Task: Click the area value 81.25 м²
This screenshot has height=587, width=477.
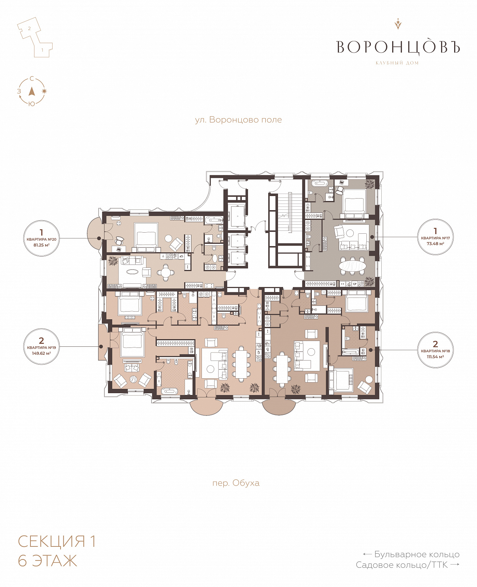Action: (41, 245)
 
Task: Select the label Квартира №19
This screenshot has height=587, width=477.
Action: (41, 347)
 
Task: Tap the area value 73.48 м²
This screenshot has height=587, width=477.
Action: (435, 243)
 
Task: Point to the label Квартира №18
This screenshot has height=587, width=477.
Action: (435, 351)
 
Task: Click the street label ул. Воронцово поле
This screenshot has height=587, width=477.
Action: (238, 120)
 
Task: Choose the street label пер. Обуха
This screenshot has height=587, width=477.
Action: (236, 483)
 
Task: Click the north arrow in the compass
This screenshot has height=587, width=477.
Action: (32, 91)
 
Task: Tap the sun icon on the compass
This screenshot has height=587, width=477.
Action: (44, 91)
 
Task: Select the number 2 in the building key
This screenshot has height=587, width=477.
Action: (29, 28)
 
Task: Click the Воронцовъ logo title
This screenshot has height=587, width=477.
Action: (398, 47)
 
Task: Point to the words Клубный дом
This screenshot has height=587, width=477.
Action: (397, 63)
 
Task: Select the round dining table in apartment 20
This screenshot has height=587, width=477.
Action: (166, 272)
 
